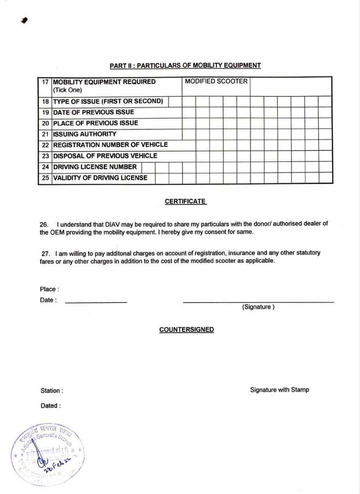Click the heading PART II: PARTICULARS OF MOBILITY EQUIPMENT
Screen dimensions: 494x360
click(185, 66)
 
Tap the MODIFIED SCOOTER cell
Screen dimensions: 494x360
click(216, 82)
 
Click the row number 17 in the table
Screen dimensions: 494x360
click(45, 82)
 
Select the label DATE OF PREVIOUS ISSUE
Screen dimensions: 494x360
click(94, 112)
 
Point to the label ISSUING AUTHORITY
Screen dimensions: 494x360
click(85, 134)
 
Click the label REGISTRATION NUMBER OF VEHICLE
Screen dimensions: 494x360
click(110, 145)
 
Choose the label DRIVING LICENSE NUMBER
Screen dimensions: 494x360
click(95, 167)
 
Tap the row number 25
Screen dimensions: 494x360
click(45, 178)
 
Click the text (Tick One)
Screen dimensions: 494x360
click(67, 90)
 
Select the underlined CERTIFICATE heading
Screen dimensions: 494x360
click(185, 201)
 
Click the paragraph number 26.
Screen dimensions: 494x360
click(44, 224)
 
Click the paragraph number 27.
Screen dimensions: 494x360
click(45, 253)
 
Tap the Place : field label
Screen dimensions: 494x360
click(49, 289)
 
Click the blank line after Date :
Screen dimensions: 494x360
click(96, 302)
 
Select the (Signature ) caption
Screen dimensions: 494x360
click(258, 307)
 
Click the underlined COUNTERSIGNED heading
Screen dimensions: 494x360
click(186, 330)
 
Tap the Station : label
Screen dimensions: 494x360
click(52, 390)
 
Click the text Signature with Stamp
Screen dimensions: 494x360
click(279, 390)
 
